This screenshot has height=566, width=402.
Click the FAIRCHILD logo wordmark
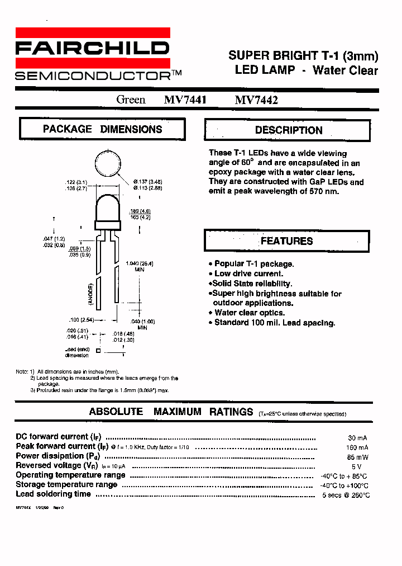92,49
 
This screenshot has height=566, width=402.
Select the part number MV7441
185,100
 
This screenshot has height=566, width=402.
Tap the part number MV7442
256,100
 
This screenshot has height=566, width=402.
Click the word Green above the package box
131,100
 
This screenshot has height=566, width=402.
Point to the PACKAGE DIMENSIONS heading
103,129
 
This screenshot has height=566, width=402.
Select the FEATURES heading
286,241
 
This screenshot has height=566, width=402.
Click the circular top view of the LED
108,164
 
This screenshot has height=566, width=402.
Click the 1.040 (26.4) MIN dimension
140,266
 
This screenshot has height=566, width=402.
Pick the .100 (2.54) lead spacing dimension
81,320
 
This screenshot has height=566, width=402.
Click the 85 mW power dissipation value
357,457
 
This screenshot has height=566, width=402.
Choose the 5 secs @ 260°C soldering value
346,495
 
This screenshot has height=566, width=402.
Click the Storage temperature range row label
66,484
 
